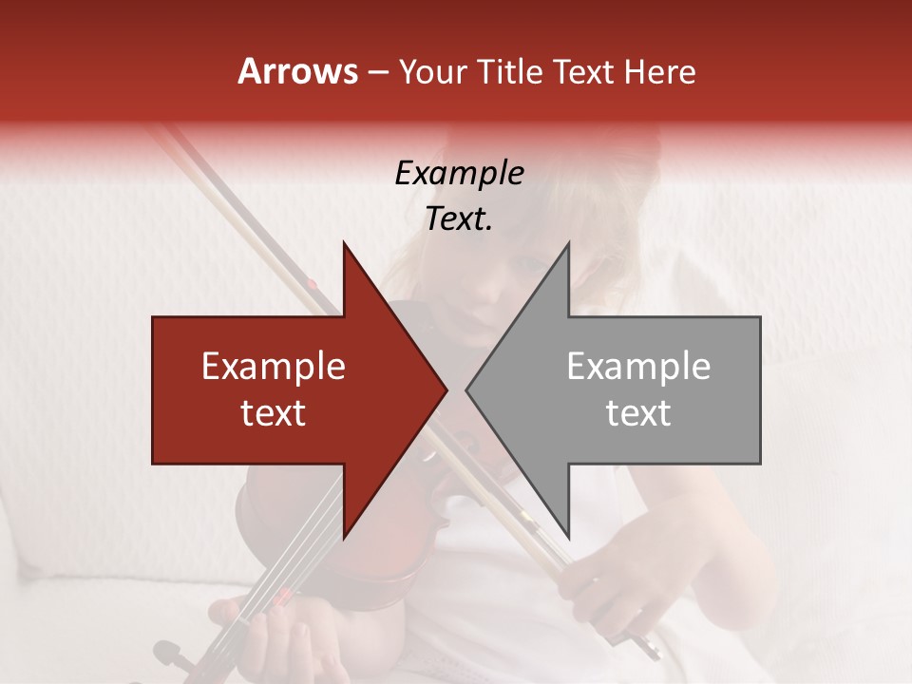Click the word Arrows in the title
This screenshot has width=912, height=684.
pyautogui.click(x=297, y=71)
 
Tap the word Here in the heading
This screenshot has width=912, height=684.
pyautogui.click(x=659, y=72)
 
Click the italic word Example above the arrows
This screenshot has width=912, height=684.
pyautogui.click(x=459, y=174)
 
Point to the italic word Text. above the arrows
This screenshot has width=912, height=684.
pyautogui.click(x=459, y=219)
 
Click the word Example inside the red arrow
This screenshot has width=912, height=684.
pyautogui.click(x=274, y=367)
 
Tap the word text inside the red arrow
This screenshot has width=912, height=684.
pyautogui.click(x=274, y=413)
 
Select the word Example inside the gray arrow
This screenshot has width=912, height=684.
pyautogui.click(x=638, y=367)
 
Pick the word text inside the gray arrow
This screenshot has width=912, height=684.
pyautogui.click(x=638, y=413)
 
